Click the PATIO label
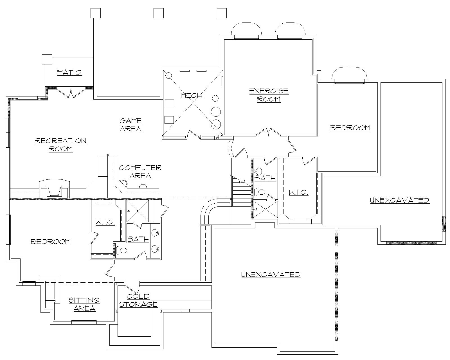69,72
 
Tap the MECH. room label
192,96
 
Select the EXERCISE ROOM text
269,95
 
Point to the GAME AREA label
130,125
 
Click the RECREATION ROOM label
61,145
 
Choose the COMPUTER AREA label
140,172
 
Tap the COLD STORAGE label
138,300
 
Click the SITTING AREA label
84,304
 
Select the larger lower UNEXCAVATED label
271,274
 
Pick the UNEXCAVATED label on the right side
399,200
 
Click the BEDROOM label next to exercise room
350,128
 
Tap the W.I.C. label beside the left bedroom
105,222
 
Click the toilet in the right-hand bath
260,192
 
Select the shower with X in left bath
137,211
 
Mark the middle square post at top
159,13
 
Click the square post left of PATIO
47,59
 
